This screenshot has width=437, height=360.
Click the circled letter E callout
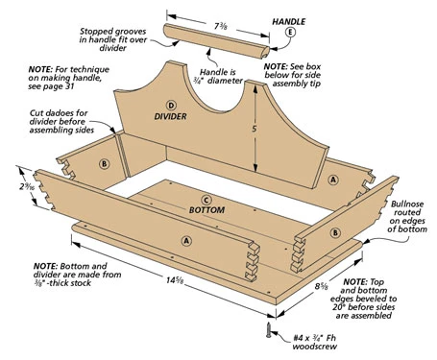pyautogui.click(x=290, y=32)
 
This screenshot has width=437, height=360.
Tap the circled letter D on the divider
pyautogui.click(x=171, y=106)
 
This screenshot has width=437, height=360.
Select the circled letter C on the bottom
pyautogui.click(x=206, y=201)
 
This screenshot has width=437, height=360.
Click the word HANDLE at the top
pyautogui.click(x=288, y=22)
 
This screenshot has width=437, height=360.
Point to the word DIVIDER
pyautogui.click(x=170, y=116)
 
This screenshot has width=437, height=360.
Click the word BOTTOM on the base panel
pyautogui.click(x=206, y=210)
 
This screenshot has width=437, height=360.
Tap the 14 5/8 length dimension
pyautogui.click(x=175, y=280)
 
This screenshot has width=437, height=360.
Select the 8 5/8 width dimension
pyautogui.click(x=321, y=286)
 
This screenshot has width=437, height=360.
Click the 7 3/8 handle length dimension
pyautogui.click(x=221, y=26)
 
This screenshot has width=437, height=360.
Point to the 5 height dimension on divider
pyautogui.click(x=255, y=129)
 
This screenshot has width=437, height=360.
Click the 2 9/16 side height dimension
pyautogui.click(x=26, y=186)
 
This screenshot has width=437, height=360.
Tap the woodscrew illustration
pyautogui.click(x=269, y=330)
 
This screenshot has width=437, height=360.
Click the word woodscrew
pyautogui.click(x=314, y=347)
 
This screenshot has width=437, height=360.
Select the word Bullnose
pyautogui.click(x=407, y=204)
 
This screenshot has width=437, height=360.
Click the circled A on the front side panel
pyautogui.click(x=186, y=240)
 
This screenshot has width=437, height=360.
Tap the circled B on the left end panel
pyautogui.click(x=104, y=164)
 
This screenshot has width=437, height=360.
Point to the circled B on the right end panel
pyautogui.click(x=335, y=232)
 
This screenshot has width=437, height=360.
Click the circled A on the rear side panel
pyautogui.click(x=333, y=180)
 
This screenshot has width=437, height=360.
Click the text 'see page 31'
pyautogui.click(x=51, y=86)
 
